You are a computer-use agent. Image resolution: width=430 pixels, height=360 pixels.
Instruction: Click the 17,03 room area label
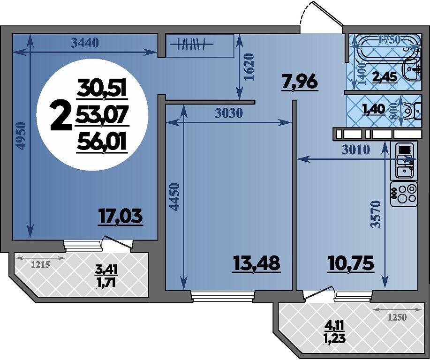[x=121, y=217]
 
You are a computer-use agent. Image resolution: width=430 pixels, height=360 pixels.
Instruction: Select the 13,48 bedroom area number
[x=256, y=263]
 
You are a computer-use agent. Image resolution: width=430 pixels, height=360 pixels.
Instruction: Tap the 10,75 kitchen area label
[x=351, y=263]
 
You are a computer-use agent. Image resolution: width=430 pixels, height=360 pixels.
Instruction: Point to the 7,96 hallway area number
[x=300, y=82]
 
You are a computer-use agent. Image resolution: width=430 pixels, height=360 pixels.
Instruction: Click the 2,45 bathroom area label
[x=385, y=77]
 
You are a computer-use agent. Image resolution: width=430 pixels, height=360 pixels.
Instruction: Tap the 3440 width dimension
[x=84, y=43]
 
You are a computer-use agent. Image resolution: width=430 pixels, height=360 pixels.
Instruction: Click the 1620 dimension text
[x=249, y=67]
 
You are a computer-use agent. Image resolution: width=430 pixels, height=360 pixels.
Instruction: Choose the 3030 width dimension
[x=229, y=113]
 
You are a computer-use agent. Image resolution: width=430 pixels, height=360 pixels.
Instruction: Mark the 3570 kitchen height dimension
[x=376, y=215]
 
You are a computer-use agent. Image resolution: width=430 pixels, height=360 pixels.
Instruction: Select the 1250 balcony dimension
[x=397, y=317]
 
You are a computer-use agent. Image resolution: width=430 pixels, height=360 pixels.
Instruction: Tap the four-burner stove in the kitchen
[x=404, y=194]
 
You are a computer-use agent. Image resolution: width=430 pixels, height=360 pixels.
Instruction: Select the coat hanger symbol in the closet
[x=191, y=44]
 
